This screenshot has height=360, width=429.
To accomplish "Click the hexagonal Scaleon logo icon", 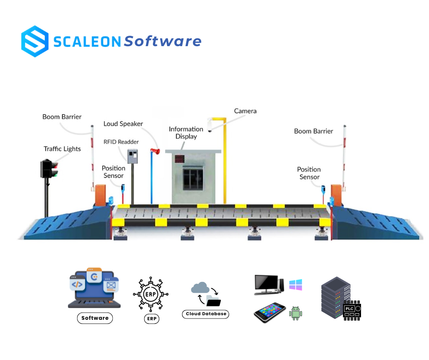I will tap(35, 41).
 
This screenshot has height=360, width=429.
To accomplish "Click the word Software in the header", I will tap(162, 42).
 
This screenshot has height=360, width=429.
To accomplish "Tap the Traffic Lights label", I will tap(62, 149).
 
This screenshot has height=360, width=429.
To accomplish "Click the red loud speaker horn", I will tap(156, 152).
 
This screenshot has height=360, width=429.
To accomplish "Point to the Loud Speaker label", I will tap(123, 124).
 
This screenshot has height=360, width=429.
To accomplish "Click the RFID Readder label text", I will tap(122, 142).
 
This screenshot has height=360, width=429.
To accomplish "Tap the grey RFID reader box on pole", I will tap(132, 157).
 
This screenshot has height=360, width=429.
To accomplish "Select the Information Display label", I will tap(186, 132).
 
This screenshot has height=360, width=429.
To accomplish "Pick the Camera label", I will tap(245, 111).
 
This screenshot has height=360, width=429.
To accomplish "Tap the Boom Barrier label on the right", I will tap(314, 131).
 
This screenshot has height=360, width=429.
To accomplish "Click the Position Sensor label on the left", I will tap(113, 172).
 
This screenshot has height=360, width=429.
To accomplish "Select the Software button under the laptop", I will tap(95, 318).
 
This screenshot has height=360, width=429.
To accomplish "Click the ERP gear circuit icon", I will tap(150, 295).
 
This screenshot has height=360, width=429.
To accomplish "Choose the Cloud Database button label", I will tap(205, 314).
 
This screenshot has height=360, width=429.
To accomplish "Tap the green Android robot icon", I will tap(296, 313).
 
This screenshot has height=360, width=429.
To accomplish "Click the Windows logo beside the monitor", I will tap(296, 285).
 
